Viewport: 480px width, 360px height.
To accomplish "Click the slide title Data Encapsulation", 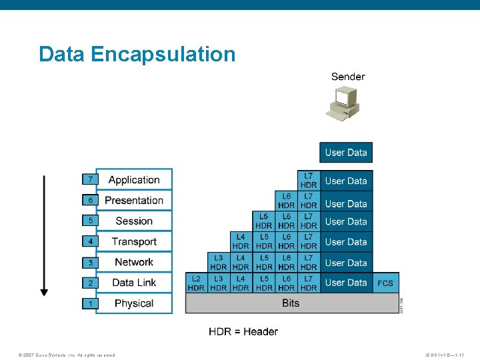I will [x=137, y=54].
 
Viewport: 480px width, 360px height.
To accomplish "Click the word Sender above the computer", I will [x=348, y=77].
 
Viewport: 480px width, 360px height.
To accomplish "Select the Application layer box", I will [x=134, y=179].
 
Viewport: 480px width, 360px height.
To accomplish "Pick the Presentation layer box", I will [x=134, y=200].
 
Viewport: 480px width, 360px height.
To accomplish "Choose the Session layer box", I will [x=134, y=221].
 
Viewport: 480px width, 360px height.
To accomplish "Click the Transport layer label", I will [x=134, y=241].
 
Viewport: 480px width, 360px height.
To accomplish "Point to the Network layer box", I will [x=134, y=262].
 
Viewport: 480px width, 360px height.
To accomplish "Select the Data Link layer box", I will [x=134, y=283].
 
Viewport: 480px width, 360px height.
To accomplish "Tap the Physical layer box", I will [x=134, y=303].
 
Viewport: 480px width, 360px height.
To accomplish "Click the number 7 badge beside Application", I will [x=90, y=179].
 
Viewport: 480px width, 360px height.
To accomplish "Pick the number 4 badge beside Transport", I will [x=90, y=241].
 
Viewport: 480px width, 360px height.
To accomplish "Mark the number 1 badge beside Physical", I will [x=90, y=303].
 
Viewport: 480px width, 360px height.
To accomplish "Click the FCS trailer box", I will [x=385, y=283].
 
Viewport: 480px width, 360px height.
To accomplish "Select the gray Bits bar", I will [x=291, y=303].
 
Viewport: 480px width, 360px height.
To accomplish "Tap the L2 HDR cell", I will [x=196, y=283].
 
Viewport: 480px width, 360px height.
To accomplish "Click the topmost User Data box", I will [x=345, y=153].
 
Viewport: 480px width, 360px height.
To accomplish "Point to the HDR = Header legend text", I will [x=243, y=331].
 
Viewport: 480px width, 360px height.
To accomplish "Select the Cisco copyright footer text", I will [x=67, y=355].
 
